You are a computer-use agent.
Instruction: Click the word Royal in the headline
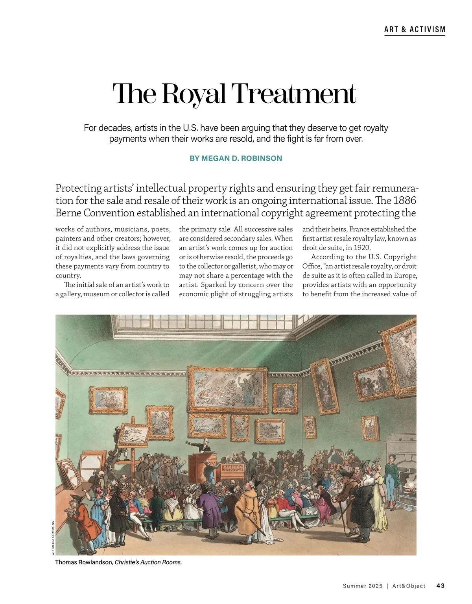[194, 94]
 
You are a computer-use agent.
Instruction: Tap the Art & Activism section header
[415, 30]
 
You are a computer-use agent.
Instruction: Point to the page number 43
[441, 586]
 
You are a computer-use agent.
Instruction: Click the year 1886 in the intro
[405, 200]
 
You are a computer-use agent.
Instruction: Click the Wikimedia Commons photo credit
[53, 538]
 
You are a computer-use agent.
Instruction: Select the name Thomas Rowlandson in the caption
[84, 562]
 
